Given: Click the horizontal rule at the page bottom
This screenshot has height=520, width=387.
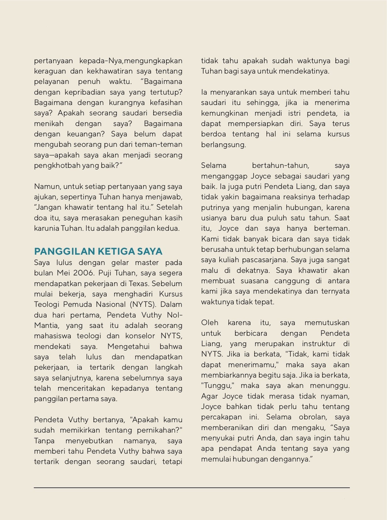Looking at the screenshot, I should [x=192, y=488].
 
